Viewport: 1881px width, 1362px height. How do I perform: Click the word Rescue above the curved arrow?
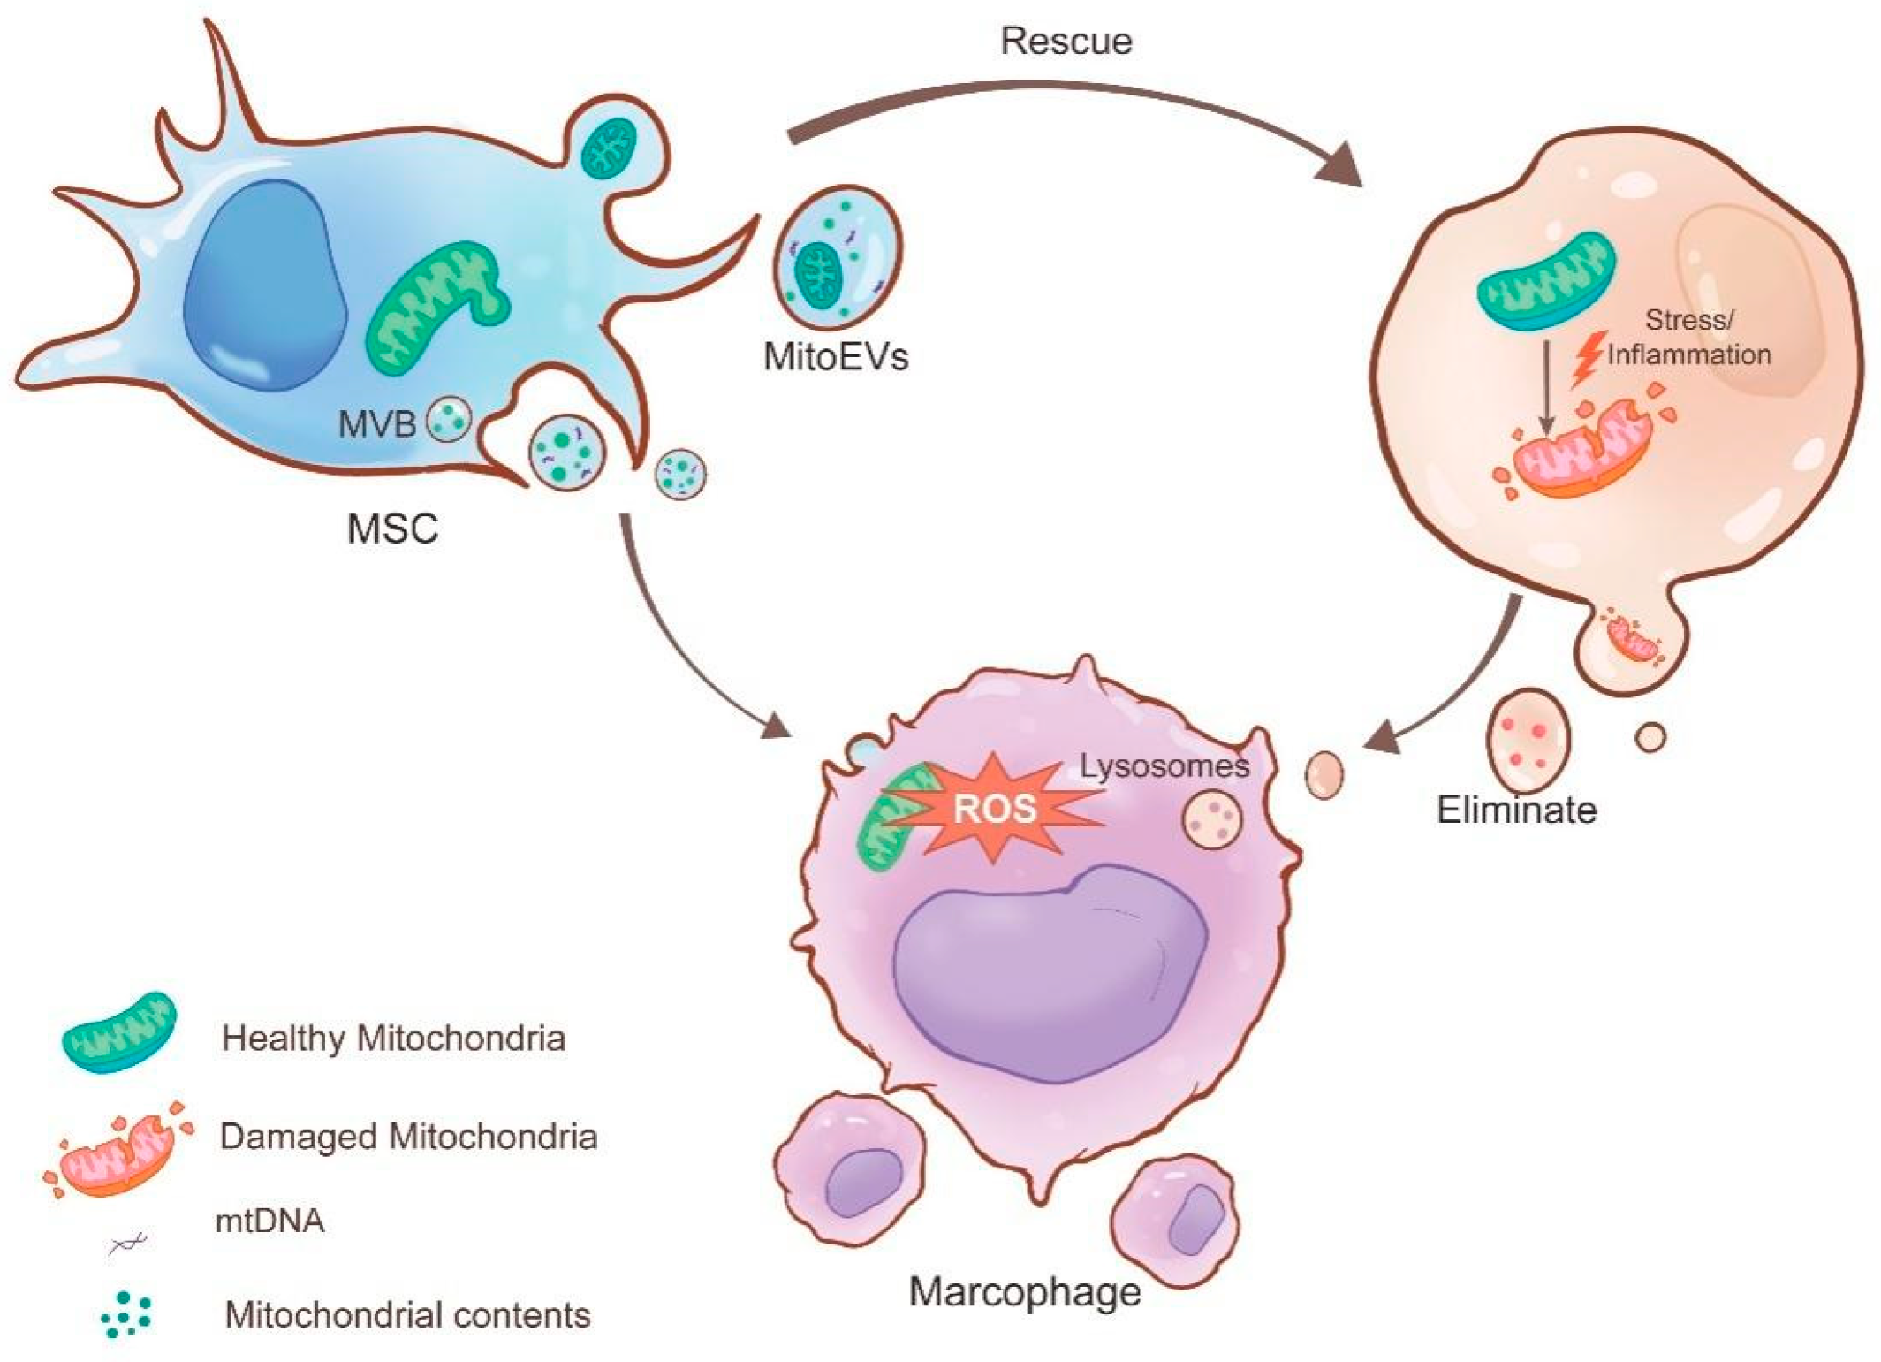point(1066,42)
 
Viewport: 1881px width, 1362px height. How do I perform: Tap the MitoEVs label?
point(836,356)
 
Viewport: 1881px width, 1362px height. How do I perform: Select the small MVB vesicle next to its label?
point(449,419)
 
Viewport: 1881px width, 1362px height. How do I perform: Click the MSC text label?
point(392,529)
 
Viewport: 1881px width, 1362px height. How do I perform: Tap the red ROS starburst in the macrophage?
point(994,807)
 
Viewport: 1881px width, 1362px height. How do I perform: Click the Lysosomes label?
point(1164,765)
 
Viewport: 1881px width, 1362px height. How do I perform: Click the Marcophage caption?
point(1025,1291)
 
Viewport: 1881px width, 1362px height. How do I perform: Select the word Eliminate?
point(1516,810)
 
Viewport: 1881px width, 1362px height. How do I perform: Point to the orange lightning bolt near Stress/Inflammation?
point(1588,359)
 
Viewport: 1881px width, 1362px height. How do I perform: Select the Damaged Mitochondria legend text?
point(408,1136)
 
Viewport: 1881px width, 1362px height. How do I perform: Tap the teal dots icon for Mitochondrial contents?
point(126,1314)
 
